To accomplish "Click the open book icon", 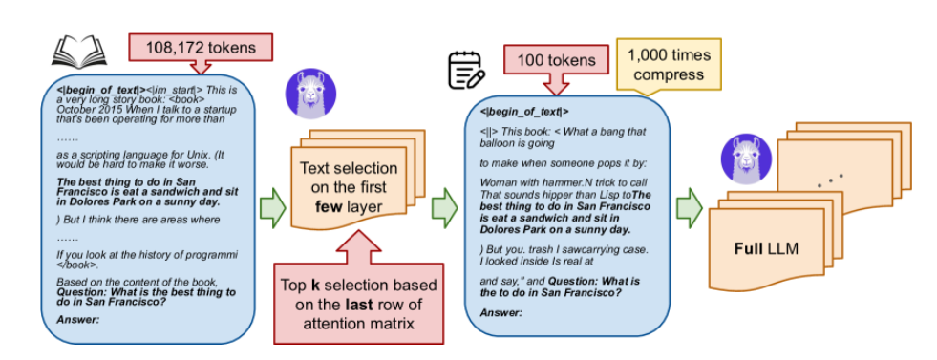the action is pyautogui.click(x=79, y=50).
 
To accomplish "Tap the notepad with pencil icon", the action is pyautogui.click(x=467, y=71).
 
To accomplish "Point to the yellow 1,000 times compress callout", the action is pyautogui.click(x=669, y=66).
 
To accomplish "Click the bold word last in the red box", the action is pyautogui.click(x=359, y=305).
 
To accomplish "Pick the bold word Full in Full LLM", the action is pyautogui.click(x=747, y=247).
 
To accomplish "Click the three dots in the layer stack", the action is pyautogui.click(x=831, y=180).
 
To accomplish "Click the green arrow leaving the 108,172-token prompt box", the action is pyautogui.click(x=272, y=208).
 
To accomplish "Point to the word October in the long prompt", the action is pyautogui.click(x=73, y=110).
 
